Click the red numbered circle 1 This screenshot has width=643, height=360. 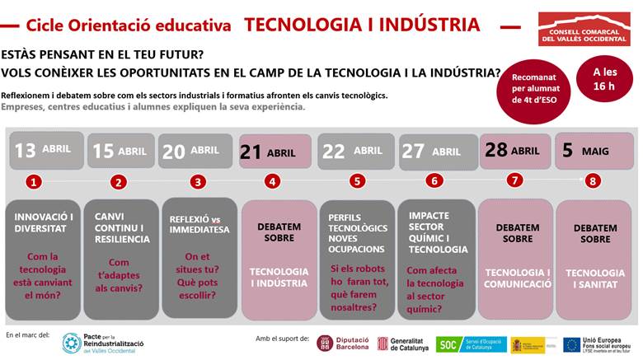point(33,181)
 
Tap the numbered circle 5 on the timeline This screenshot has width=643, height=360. point(356,181)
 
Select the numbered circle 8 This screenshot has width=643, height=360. point(594,180)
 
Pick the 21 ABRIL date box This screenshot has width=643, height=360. point(275,152)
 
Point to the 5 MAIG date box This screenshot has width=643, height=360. point(593,151)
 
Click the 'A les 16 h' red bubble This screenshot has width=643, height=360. point(604,78)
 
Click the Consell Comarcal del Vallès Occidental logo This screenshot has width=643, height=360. point(584,30)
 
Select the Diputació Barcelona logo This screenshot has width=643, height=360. point(344,343)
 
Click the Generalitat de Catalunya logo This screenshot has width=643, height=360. point(403,343)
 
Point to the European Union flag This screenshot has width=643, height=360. point(571,344)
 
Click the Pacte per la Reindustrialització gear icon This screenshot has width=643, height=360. point(72,343)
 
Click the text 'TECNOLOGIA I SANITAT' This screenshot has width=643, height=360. point(594,278)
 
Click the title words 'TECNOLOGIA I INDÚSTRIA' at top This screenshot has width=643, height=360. point(362,24)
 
